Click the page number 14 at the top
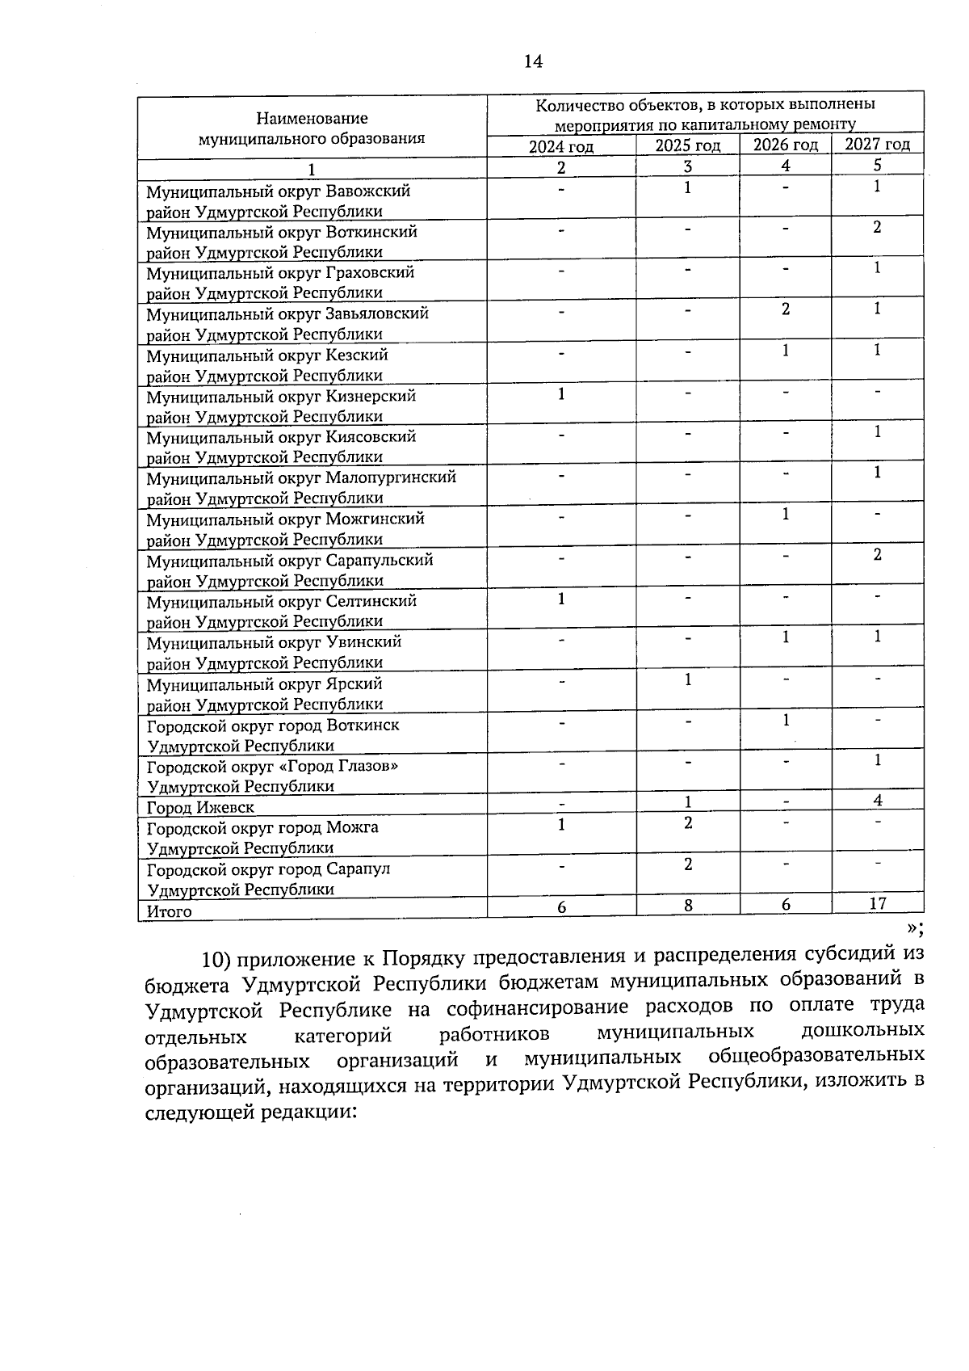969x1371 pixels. pyautogui.click(x=533, y=61)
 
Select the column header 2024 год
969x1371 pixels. pyautogui.click(x=561, y=146)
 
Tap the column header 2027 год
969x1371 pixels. pyautogui.click(x=877, y=145)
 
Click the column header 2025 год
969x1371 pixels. pyautogui.click(x=687, y=145)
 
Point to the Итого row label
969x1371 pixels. pyautogui.click(x=169, y=911)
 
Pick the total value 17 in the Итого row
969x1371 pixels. pyautogui.click(x=877, y=903)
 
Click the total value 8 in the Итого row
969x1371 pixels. pyautogui.click(x=688, y=906)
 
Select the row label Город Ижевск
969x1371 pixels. pyautogui.click(x=199, y=807)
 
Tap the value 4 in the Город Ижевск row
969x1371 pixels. pyautogui.click(x=877, y=800)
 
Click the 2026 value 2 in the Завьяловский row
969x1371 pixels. pyautogui.click(x=785, y=309)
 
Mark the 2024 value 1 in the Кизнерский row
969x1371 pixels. pyautogui.click(x=561, y=393)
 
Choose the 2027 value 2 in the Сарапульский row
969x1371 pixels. pyautogui.click(x=877, y=554)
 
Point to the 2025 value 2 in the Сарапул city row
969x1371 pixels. pyautogui.click(x=688, y=864)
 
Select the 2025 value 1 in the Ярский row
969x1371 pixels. pyautogui.click(x=688, y=679)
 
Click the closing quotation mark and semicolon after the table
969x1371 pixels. pyautogui.click(x=914, y=928)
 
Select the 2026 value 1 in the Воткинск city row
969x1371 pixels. pyautogui.click(x=785, y=720)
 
